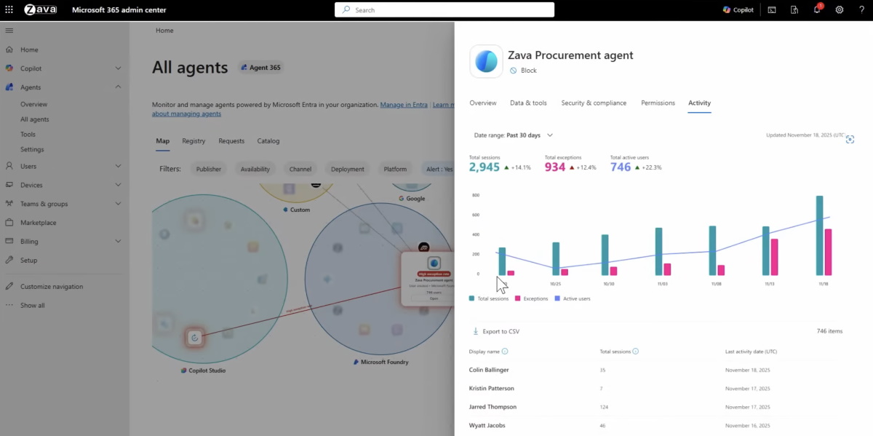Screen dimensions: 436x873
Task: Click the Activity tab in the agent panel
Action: (699, 103)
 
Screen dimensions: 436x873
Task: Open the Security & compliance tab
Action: (594, 103)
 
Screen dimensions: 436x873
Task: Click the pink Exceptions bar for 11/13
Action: (774, 257)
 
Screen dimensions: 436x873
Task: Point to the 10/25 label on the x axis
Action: (555, 284)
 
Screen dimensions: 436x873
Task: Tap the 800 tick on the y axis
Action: (476, 196)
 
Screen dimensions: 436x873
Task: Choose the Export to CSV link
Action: (501, 331)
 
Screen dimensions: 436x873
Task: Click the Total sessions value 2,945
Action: (485, 167)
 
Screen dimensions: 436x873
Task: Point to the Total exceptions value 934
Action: (555, 167)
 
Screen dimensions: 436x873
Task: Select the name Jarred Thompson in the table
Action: (493, 407)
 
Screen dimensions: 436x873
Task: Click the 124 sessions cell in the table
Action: (604, 407)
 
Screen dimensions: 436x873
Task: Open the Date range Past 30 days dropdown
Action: (514, 135)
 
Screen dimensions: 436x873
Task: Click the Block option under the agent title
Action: (528, 71)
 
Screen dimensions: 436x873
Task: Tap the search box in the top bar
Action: (444, 9)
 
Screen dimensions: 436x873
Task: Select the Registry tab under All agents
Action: (194, 141)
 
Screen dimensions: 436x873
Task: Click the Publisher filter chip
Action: (209, 169)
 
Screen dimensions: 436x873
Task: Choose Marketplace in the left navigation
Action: (38, 223)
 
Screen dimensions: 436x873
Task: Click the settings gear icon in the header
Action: (840, 9)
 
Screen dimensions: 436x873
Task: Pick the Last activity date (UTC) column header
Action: (751, 352)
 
